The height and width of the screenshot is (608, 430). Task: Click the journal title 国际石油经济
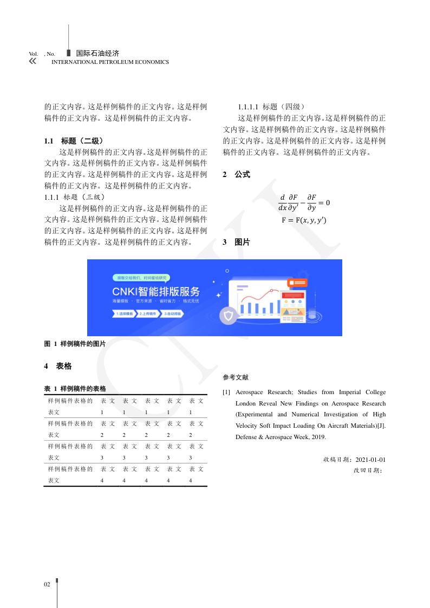coord(97,54)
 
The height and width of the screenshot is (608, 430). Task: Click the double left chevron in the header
coord(32,61)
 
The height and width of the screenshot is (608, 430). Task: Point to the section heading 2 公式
coord(236,175)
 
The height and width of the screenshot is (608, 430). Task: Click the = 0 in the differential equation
coord(324,203)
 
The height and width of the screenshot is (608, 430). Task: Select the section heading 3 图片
coord(236,243)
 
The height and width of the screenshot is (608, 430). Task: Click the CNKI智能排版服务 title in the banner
coord(156,291)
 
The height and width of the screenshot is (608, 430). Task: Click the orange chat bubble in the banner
coord(297,283)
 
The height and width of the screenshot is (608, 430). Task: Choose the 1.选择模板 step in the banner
coord(124,313)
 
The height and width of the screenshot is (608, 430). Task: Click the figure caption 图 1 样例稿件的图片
coord(75,344)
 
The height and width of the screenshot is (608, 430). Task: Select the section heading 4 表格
coord(57,367)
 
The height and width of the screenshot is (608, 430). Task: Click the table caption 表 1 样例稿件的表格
coord(75,389)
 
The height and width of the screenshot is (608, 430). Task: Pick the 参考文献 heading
coord(236,377)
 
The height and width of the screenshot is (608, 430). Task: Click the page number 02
coord(47,585)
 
